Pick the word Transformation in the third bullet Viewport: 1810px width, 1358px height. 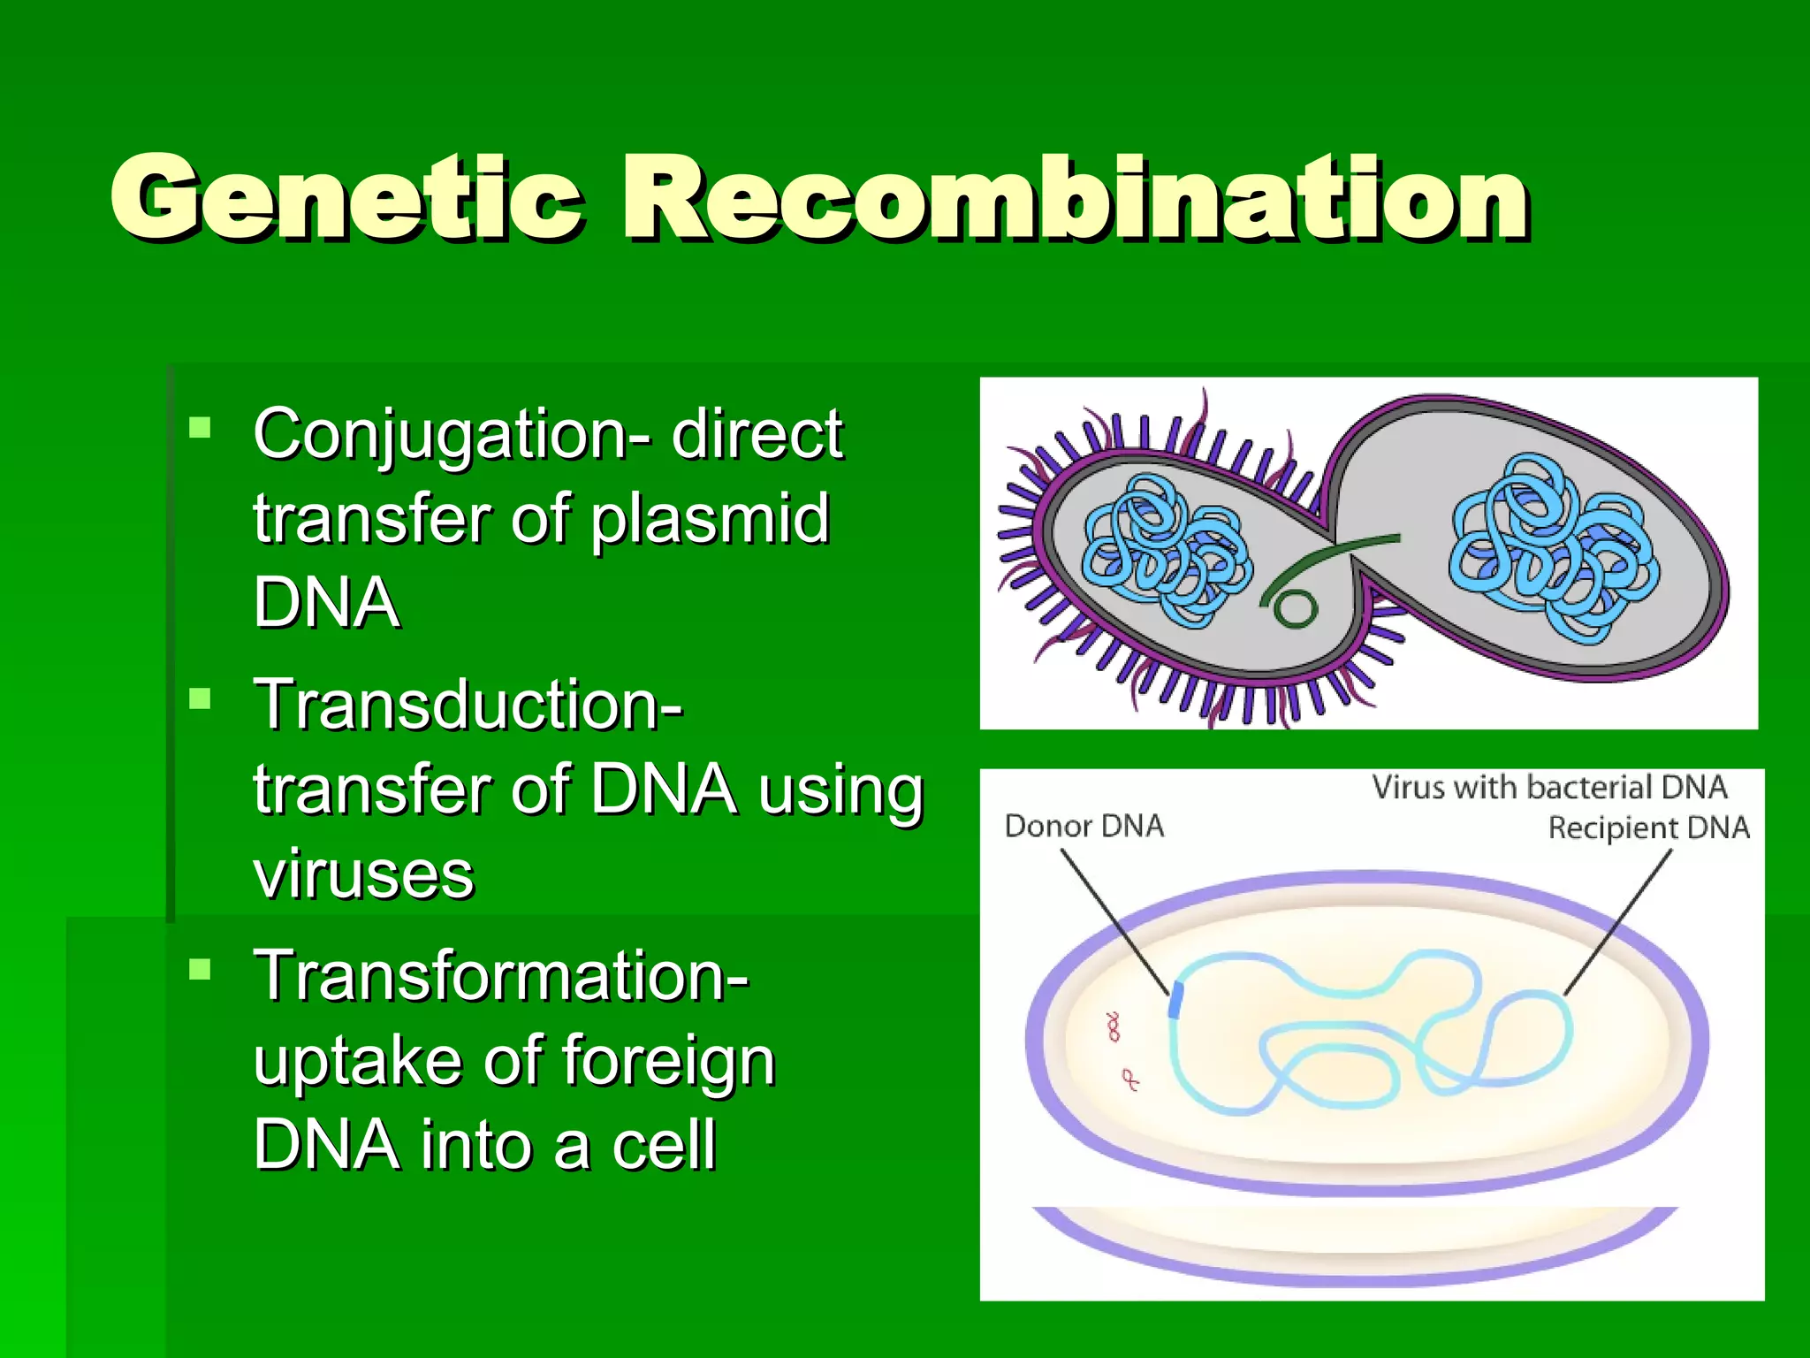(500, 976)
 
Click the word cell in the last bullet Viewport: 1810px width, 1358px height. (663, 1145)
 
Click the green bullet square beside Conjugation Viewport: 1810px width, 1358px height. (201, 429)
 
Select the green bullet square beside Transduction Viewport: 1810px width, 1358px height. (201, 700)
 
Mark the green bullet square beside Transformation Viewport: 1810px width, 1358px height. (201, 971)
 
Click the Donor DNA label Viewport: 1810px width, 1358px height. (1084, 826)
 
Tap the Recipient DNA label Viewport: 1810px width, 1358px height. (1648, 828)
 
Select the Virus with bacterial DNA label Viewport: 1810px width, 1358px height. (1548, 787)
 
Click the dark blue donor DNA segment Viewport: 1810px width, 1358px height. (1175, 999)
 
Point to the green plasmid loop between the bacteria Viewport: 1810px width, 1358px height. (1296, 607)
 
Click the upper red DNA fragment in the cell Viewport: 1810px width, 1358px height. (1114, 1027)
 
